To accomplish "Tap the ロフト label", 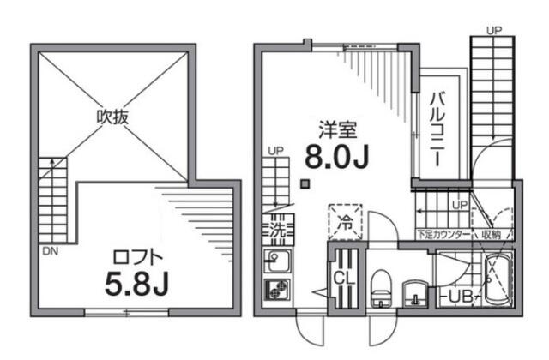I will point(136,255).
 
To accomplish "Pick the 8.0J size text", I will point(337,159).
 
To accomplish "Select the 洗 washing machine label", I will point(277,230).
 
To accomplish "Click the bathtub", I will point(498,281).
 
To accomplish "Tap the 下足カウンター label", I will point(443,234).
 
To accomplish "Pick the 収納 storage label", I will point(490,234).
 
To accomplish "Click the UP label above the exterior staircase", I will point(492,30).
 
